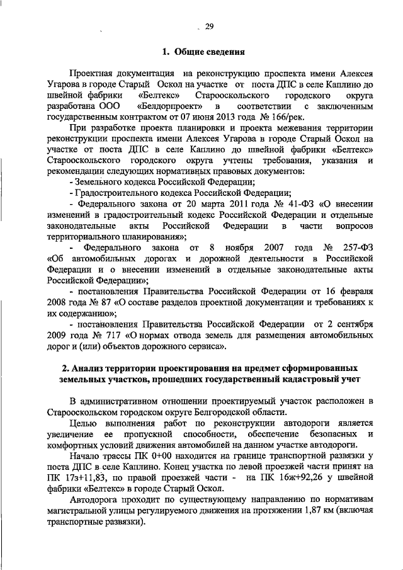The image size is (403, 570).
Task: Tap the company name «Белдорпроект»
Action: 173,106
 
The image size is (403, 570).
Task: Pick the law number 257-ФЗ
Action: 356,248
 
